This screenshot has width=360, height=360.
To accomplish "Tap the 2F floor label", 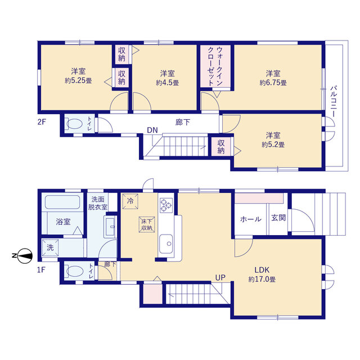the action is [42, 121].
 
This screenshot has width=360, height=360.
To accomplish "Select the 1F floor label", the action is [41, 269].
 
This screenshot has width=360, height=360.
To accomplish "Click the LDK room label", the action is [262, 270].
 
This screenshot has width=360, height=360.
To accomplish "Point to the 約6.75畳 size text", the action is [273, 83].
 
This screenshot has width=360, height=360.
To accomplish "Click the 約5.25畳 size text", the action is [78, 80].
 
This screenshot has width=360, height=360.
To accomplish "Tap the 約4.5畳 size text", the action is [168, 83].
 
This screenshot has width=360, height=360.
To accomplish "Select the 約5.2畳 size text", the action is [273, 145].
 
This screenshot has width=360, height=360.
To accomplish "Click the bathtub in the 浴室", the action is [62, 202].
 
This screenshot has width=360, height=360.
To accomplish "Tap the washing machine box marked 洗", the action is [50, 247].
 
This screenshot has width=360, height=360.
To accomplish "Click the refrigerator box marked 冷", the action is [130, 201].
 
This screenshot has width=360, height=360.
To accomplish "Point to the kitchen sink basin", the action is [166, 244].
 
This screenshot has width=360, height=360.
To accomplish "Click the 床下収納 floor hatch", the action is [147, 224].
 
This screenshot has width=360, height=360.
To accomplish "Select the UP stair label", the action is [220, 277].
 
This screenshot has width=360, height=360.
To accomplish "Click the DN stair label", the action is [152, 130].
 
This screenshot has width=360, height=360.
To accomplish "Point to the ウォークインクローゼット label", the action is [215, 66].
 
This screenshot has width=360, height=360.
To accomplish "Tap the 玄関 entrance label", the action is [278, 218].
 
